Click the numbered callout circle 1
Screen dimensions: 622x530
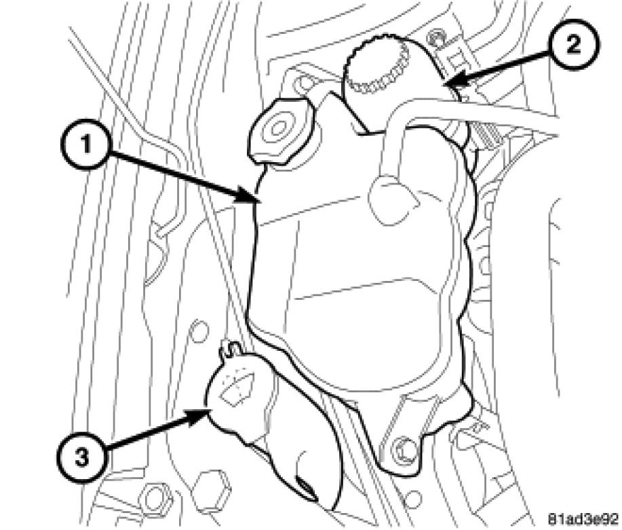[86, 146]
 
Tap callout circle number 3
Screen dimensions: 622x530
[82, 459]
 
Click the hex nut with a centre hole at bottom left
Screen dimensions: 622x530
[156, 496]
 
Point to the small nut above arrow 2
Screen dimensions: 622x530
[435, 39]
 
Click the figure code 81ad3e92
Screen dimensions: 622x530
[584, 518]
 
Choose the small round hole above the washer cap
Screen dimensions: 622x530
[199, 330]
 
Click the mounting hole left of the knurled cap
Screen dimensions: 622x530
[305, 83]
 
